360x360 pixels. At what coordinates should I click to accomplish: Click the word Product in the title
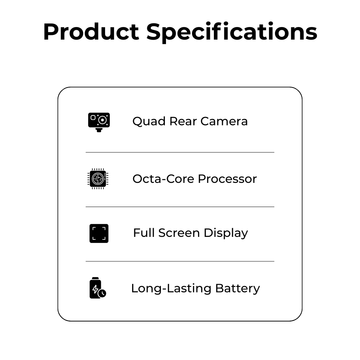pos(91,32)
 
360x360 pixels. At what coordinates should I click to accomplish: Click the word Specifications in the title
pos(232,32)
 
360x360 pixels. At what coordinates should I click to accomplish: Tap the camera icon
pos(99,122)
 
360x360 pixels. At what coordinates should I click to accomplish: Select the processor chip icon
pos(98,179)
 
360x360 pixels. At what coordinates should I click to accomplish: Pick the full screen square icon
pos(99,233)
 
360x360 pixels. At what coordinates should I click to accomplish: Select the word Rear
pos(183,121)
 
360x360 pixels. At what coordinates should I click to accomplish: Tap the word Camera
pos(224,121)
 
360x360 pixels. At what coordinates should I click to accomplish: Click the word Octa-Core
pos(163,179)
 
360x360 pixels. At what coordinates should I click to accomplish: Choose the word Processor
pos(227,179)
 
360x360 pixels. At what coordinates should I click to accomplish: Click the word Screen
pos(179,233)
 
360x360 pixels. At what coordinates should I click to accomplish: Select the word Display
pos(226,233)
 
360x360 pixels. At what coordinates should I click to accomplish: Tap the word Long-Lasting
pos(171,288)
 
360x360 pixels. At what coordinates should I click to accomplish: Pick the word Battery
pos(238,288)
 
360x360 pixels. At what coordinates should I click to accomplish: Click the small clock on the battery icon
pos(102,293)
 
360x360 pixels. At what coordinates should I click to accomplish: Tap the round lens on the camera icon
pos(102,120)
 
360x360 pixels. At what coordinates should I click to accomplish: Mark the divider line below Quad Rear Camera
pos(180,152)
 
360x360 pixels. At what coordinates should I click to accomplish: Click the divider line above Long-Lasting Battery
pos(180,261)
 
